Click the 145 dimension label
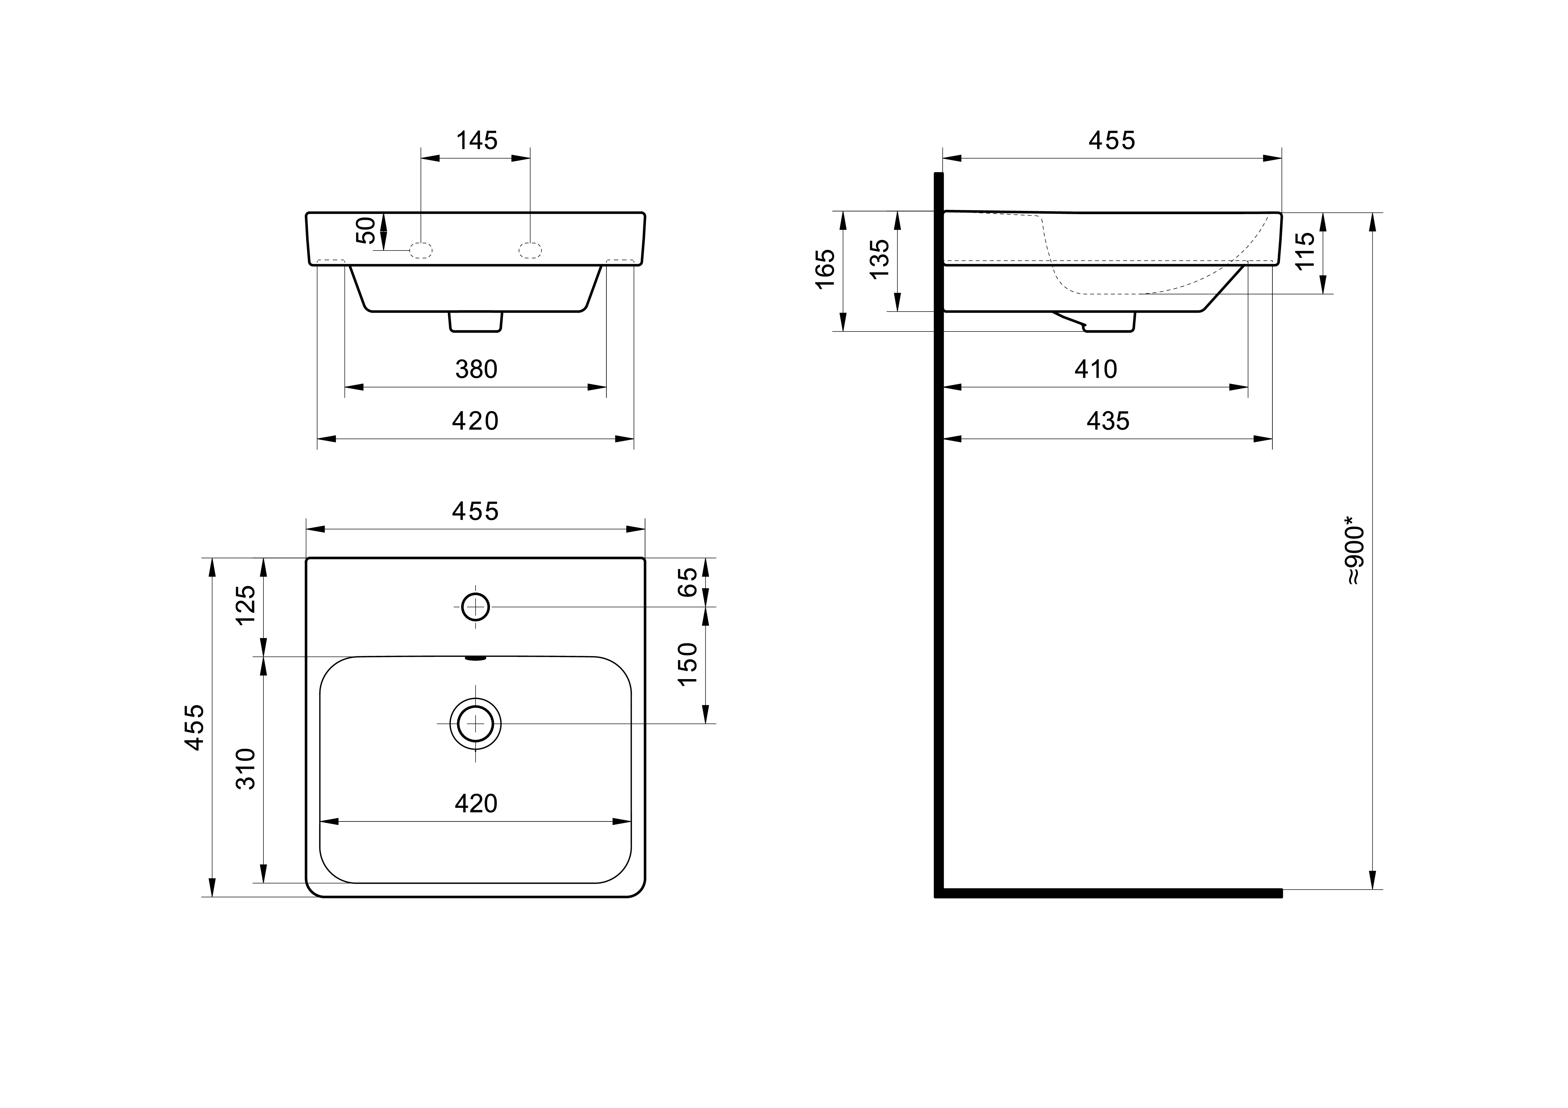click(x=477, y=141)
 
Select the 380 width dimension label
click(x=476, y=369)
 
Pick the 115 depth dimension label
click(x=1304, y=251)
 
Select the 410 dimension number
click(x=1095, y=369)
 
